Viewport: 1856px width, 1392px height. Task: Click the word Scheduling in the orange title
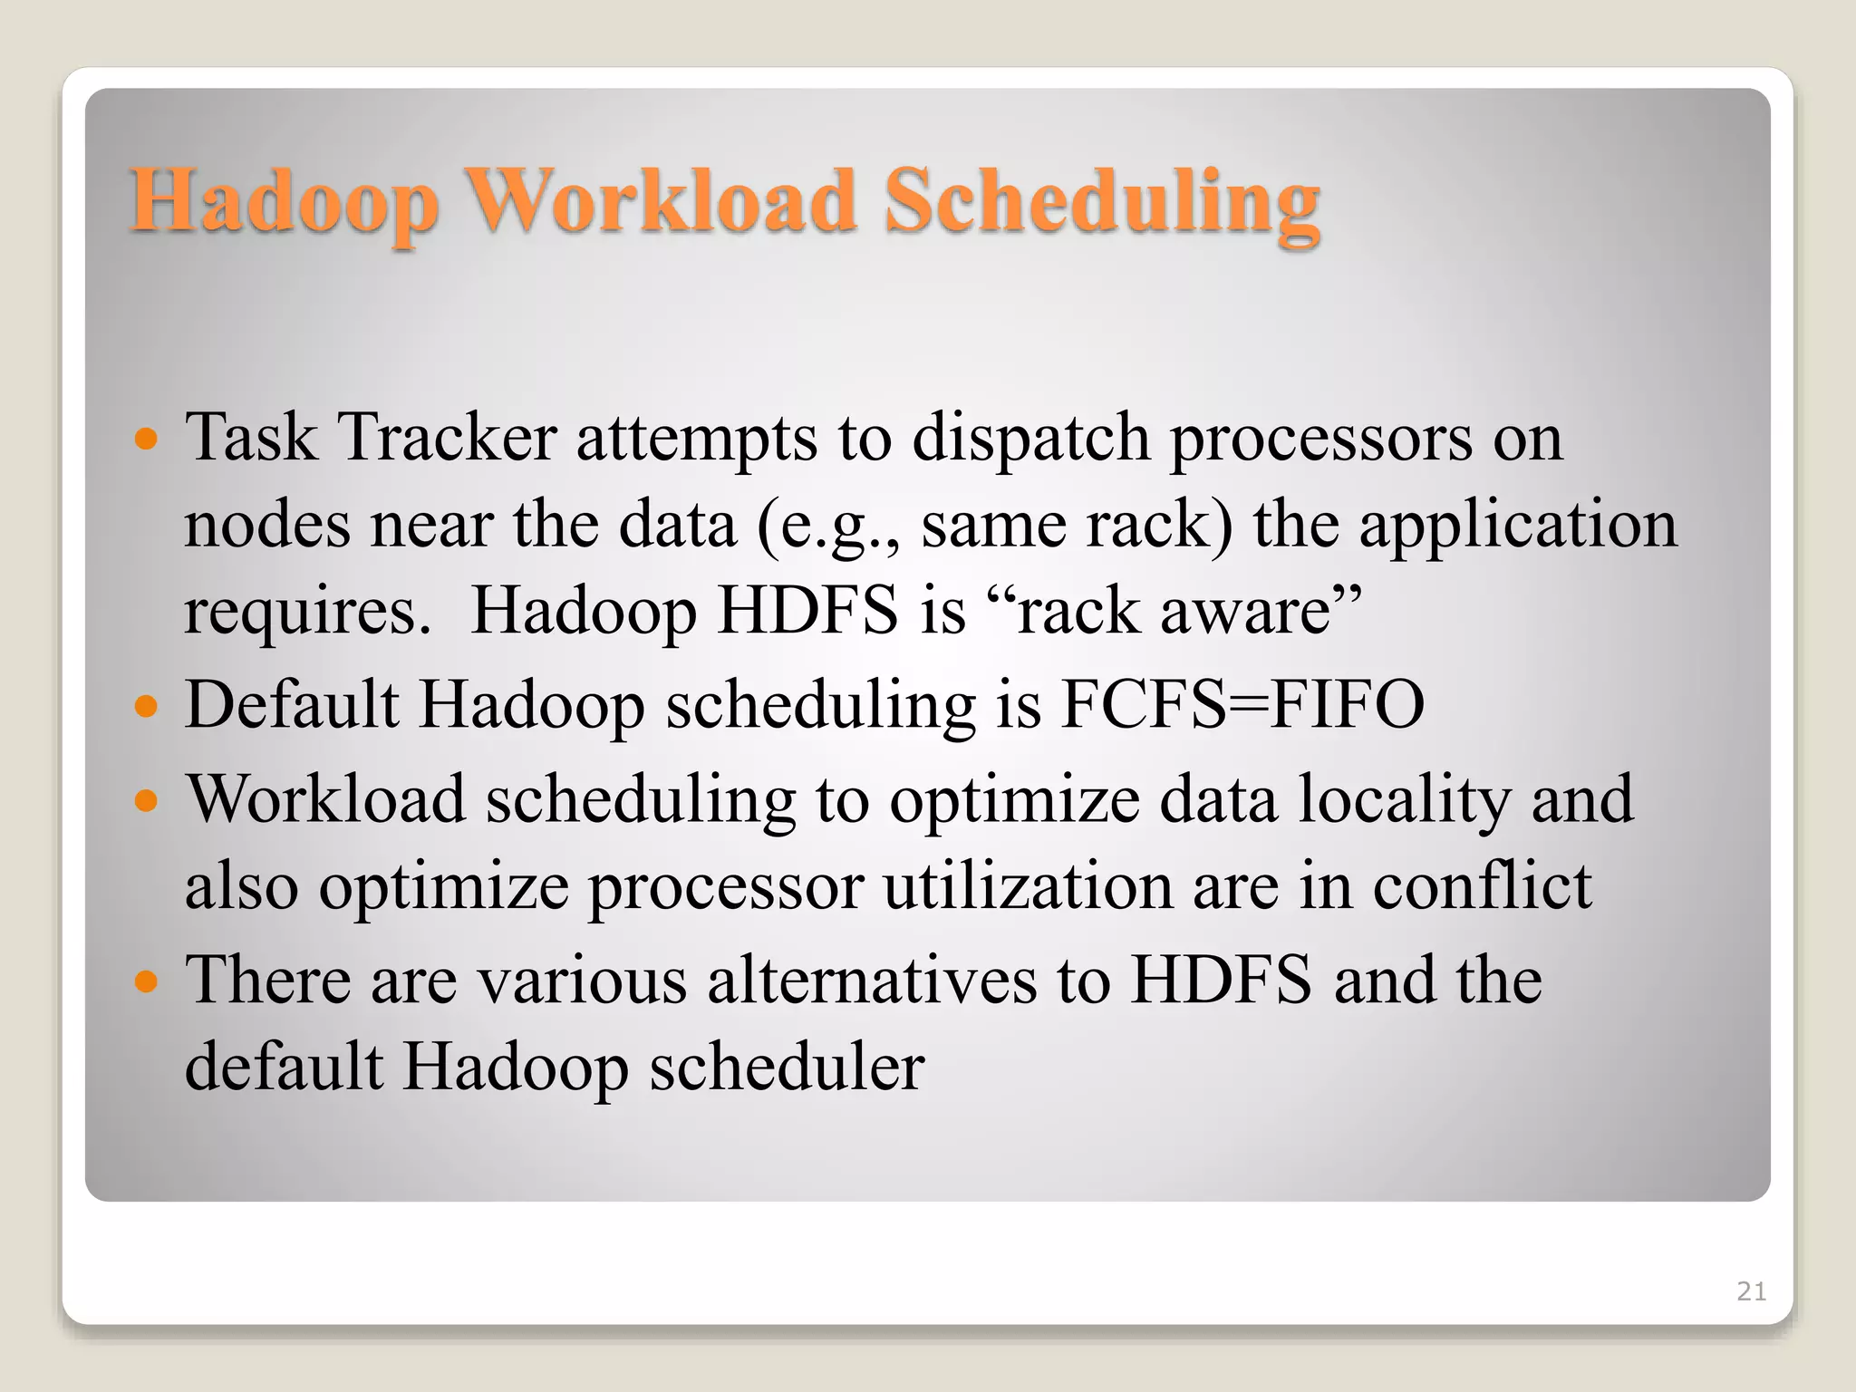click(1101, 201)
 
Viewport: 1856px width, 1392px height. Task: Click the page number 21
click(1751, 1291)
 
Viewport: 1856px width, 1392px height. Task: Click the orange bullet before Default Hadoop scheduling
click(146, 707)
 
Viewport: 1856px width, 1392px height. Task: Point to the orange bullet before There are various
click(146, 981)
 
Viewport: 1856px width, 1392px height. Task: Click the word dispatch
click(1030, 440)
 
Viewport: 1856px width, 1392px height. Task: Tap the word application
click(1518, 526)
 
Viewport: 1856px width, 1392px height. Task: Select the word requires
click(307, 613)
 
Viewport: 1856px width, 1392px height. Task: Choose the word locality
click(1404, 800)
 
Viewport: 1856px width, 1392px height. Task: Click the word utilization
click(1028, 886)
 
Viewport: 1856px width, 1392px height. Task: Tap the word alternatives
click(871, 981)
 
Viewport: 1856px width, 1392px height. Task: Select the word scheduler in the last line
click(787, 1067)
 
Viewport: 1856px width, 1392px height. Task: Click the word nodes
click(267, 526)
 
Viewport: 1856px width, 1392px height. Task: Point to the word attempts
click(696, 440)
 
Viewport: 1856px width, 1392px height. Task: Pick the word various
click(582, 981)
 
